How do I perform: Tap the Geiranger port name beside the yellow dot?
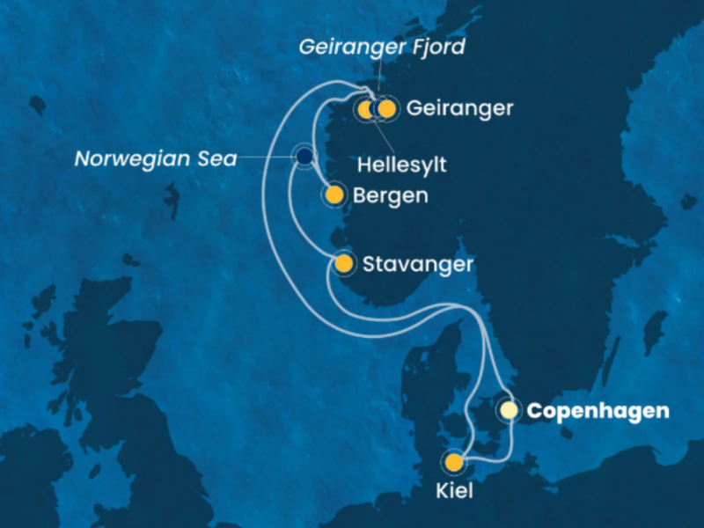[x=459, y=108]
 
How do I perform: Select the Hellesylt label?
[x=401, y=164]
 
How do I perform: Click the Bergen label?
[x=390, y=195]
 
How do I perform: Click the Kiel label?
[x=454, y=491]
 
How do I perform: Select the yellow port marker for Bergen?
[x=334, y=194]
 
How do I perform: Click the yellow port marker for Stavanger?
[x=344, y=263]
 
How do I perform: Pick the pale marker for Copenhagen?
[x=509, y=410]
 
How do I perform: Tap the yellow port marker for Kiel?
[x=454, y=462]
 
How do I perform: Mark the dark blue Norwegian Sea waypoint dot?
[x=304, y=157]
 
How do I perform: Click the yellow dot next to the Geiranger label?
[x=386, y=109]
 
